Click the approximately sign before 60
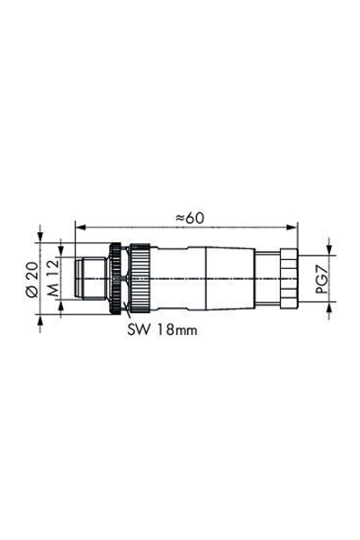(179, 217)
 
